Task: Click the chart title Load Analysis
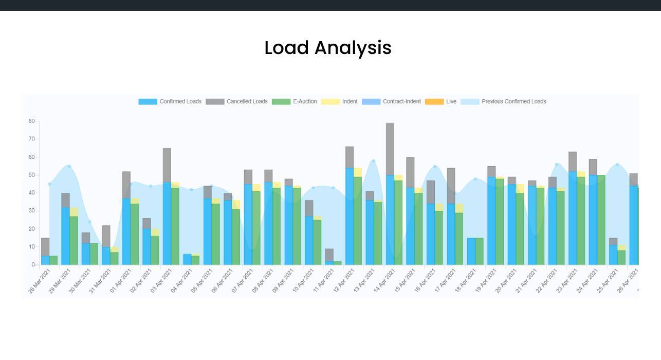328,48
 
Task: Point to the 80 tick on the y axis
32,121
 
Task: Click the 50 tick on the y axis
32,175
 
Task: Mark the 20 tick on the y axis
32,229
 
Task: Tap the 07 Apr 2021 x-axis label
243,283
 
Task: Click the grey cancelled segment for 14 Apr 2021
390,149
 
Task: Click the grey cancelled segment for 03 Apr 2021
167,165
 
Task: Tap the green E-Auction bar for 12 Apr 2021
358,221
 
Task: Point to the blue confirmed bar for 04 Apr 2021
187,259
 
